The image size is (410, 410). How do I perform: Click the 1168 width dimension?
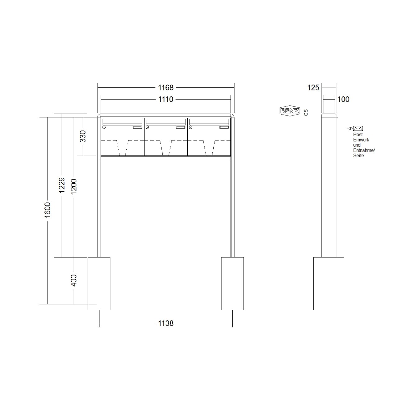click(166, 88)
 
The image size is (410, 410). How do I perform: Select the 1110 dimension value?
click(166, 99)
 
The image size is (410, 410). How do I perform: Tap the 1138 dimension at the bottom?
click(166, 323)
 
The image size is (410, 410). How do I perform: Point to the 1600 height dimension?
click(47, 210)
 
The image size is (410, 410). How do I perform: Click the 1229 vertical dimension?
click(62, 185)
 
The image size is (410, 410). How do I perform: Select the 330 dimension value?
click(83, 136)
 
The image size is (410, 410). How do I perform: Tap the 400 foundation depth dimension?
click(74, 280)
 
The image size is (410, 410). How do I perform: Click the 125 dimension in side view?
click(313, 88)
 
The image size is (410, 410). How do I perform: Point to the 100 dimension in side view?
click(343, 99)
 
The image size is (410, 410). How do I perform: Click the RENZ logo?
click(290, 111)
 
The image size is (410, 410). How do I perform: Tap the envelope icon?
click(358, 128)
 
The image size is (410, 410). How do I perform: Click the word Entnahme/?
click(364, 150)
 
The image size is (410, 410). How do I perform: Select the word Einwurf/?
click(361, 140)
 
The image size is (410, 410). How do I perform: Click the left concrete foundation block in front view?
click(99, 283)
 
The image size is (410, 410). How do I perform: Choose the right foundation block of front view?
click(232, 283)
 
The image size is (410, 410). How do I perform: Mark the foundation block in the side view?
click(329, 283)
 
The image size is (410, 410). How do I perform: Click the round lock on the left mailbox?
click(104, 127)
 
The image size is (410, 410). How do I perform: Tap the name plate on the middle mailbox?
click(180, 127)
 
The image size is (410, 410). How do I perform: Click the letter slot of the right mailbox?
click(209, 121)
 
